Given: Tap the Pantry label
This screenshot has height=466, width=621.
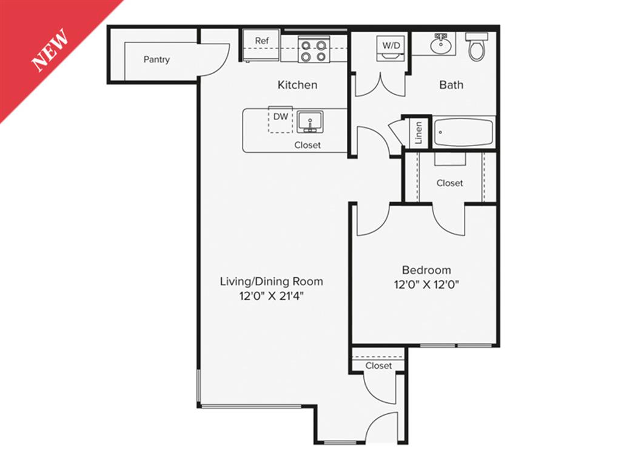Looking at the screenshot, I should pyautogui.click(x=156, y=59).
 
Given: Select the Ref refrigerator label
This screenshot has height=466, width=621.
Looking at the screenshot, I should pyautogui.click(x=261, y=41).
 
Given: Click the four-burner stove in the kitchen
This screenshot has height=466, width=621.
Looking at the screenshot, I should pyautogui.click(x=314, y=50).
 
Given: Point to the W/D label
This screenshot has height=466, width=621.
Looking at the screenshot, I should pyautogui.click(x=390, y=44).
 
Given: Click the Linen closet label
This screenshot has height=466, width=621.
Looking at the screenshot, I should pyautogui.click(x=418, y=133).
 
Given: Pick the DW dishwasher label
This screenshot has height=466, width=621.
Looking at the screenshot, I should pyautogui.click(x=280, y=116).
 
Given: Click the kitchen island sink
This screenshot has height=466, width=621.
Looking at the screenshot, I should pyautogui.click(x=310, y=121).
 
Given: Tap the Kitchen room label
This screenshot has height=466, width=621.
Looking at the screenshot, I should pyautogui.click(x=297, y=85).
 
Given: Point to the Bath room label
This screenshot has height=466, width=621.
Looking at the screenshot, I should pyautogui.click(x=451, y=85).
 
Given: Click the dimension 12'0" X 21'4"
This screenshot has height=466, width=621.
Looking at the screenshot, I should pyautogui.click(x=270, y=296).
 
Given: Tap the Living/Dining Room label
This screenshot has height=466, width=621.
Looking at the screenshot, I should pyautogui.click(x=271, y=282).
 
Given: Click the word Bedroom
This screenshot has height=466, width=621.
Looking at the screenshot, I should pyautogui.click(x=426, y=270).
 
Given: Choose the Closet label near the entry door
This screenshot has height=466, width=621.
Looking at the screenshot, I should pyautogui.click(x=378, y=366).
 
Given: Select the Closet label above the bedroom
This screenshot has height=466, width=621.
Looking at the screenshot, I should pyautogui.click(x=449, y=183).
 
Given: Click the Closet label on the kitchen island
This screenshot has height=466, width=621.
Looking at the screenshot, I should pyautogui.click(x=307, y=145).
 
